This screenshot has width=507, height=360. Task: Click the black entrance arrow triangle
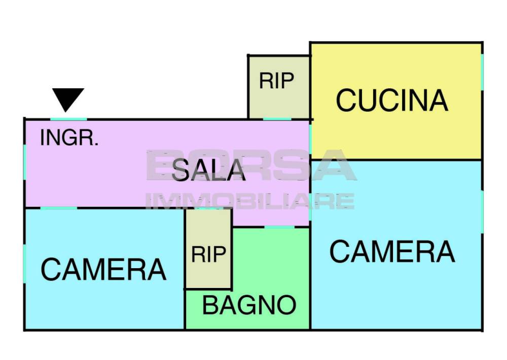point(68,99)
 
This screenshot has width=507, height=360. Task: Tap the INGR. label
point(69,138)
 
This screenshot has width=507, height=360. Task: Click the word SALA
point(208,170)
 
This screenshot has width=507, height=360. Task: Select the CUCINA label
point(392,100)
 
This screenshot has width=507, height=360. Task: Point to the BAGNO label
point(249,305)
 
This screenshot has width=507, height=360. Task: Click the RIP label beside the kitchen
point(276,81)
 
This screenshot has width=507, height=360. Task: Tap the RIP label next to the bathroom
point(208,254)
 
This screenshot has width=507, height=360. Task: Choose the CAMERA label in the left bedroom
point(103,269)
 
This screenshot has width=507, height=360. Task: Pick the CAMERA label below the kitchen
point(392,251)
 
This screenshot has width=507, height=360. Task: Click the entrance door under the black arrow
point(68,119)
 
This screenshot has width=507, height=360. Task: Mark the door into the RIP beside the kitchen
point(277,119)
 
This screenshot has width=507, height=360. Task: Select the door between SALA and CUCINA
point(310,139)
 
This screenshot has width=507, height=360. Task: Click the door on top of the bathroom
point(280,227)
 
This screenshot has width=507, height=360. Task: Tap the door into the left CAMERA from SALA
point(58,208)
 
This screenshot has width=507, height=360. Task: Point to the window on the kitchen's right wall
point(482,72)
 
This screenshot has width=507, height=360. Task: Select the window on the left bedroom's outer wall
point(24,264)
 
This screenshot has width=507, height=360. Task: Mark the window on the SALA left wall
point(24,162)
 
